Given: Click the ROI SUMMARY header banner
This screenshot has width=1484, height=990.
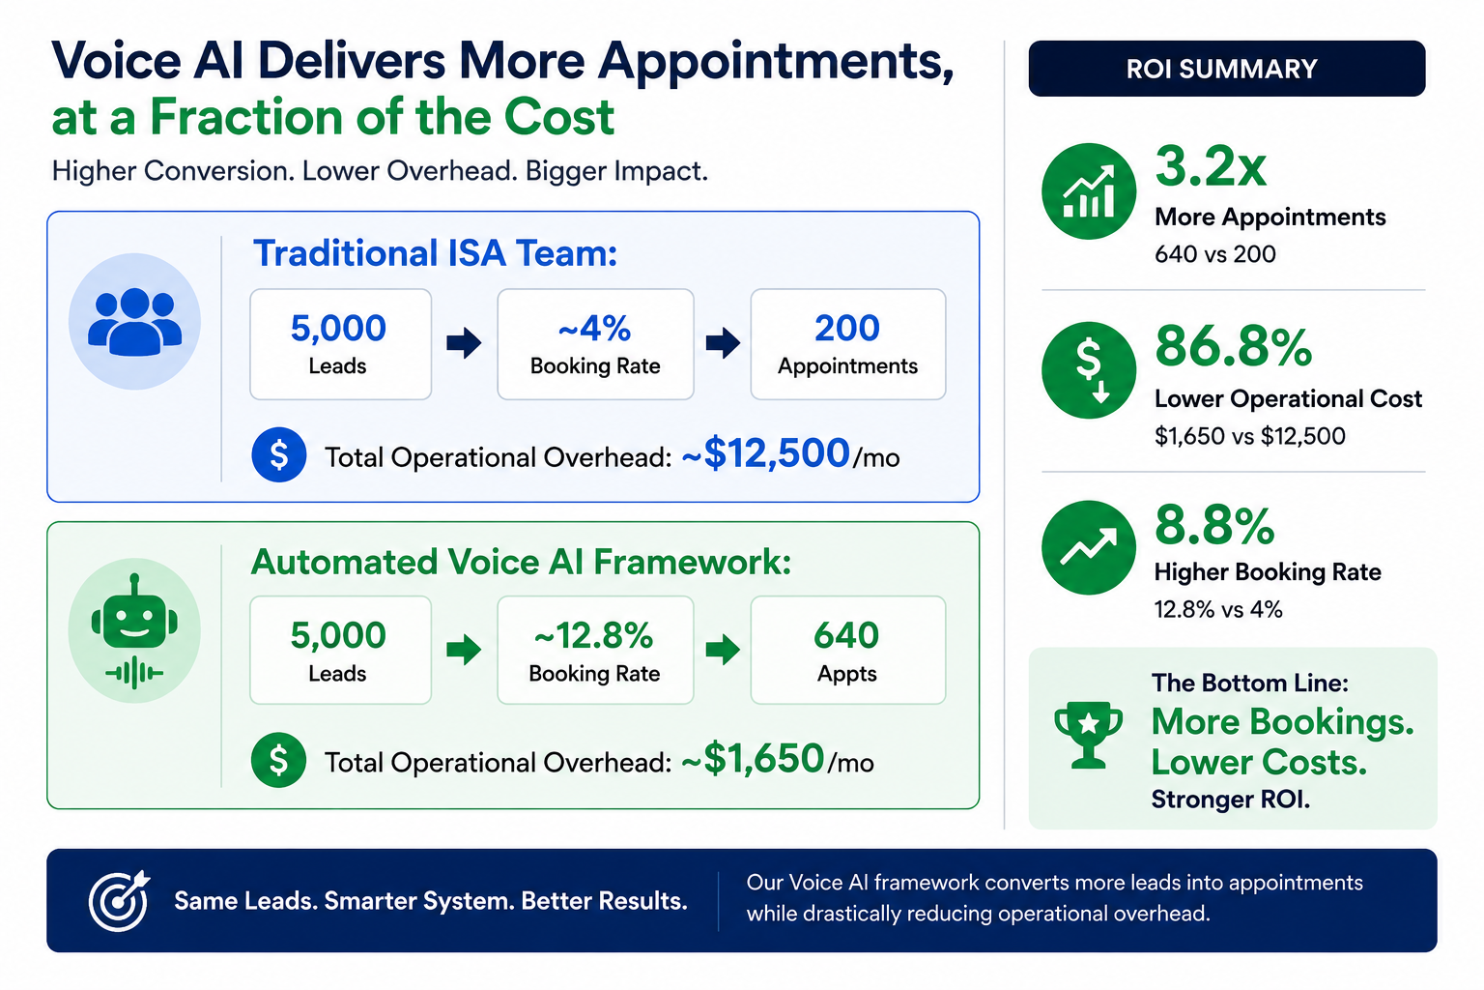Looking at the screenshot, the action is (x=1226, y=69).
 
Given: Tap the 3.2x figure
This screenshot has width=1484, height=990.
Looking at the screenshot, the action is (x=1211, y=165).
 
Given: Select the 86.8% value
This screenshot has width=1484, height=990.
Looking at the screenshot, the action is (x=1233, y=346).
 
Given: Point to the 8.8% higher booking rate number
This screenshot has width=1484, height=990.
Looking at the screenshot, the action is (x=1213, y=525).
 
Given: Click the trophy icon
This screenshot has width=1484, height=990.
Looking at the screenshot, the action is (x=1089, y=735).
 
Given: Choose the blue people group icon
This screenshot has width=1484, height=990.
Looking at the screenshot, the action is (x=134, y=322).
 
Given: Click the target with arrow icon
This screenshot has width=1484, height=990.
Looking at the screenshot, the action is (x=119, y=900).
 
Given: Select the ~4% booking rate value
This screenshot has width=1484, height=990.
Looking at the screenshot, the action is (x=595, y=328).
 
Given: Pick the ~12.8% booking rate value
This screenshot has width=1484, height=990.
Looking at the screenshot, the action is (x=593, y=635).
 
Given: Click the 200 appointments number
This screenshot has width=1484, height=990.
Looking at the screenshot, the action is (x=847, y=328).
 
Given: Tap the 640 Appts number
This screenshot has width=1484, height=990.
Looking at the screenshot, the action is (x=846, y=635).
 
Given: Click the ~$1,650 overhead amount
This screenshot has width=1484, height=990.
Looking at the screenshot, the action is (x=753, y=759).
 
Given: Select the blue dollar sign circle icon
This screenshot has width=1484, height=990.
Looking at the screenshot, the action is (x=279, y=454).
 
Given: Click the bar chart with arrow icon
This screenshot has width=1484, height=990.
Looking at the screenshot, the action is (x=1089, y=191).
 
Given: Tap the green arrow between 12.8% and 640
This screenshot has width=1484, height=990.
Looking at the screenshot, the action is (x=723, y=649).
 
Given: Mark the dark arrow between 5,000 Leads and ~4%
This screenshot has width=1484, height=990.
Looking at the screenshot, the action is (x=464, y=343).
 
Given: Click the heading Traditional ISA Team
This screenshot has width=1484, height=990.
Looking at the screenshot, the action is (x=435, y=253).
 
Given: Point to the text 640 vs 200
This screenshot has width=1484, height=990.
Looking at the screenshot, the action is (x=1215, y=254).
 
